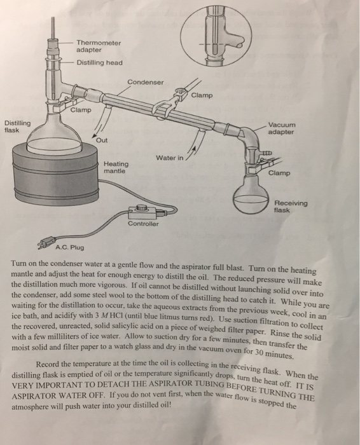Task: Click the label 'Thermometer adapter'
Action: [x=98, y=45]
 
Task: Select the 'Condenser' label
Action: [x=145, y=82]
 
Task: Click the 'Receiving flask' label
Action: [x=290, y=207]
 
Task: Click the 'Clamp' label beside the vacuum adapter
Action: [x=279, y=172]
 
